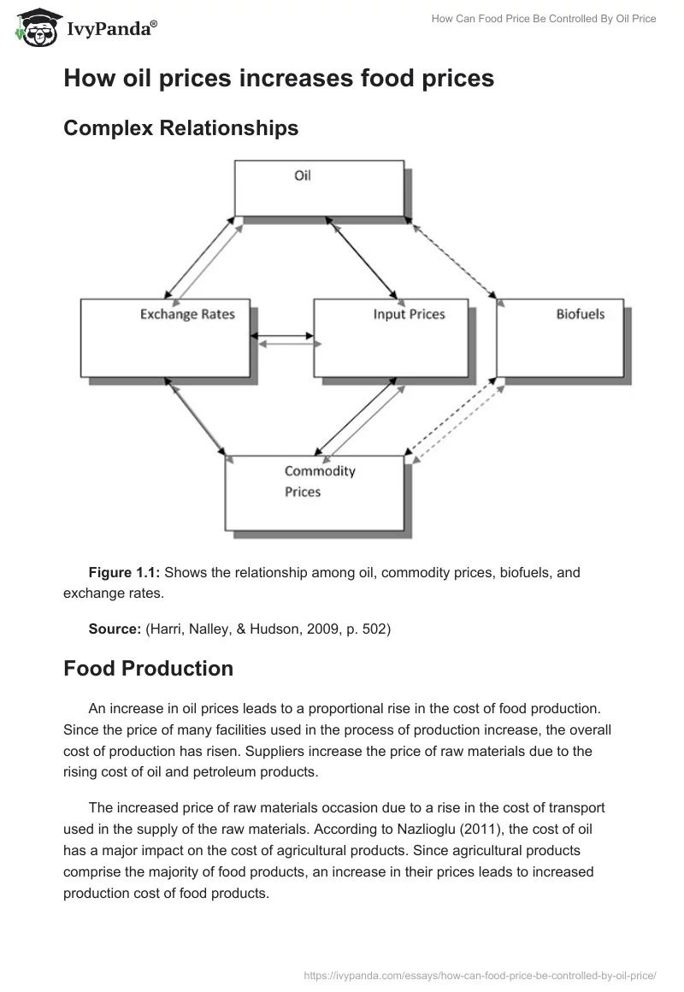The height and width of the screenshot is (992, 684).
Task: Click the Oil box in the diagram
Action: coord(318,190)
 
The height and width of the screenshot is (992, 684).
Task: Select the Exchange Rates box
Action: coord(166,337)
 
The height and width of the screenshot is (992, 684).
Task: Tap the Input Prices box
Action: coord(391,337)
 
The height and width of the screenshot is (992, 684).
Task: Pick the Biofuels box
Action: coord(560,337)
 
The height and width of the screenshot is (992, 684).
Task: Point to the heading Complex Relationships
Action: coord(181,128)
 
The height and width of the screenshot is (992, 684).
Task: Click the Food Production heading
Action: coord(148,669)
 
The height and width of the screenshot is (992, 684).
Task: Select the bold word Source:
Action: coord(115,629)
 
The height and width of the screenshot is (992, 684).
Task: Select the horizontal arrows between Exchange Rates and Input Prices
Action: coord(285,338)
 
